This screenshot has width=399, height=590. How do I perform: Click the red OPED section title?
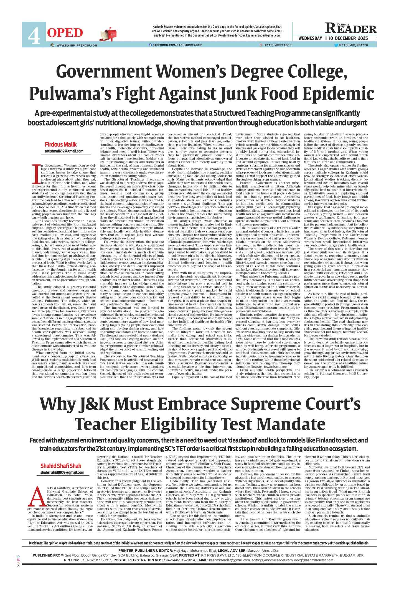(65, 33)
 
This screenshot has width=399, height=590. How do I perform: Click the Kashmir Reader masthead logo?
(351, 29)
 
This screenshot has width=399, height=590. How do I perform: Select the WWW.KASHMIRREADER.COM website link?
(77, 45)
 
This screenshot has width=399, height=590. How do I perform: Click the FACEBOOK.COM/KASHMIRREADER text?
(177, 45)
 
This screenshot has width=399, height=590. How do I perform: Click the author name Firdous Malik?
(61, 145)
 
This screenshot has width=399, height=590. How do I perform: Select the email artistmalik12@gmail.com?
(64, 151)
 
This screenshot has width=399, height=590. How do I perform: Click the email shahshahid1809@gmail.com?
(62, 472)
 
